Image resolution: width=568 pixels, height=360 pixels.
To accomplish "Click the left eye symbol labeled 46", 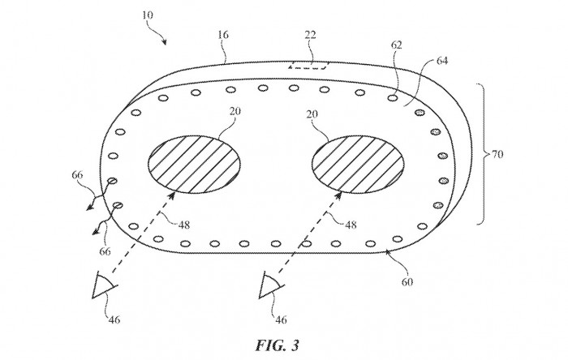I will coord(104,286).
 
